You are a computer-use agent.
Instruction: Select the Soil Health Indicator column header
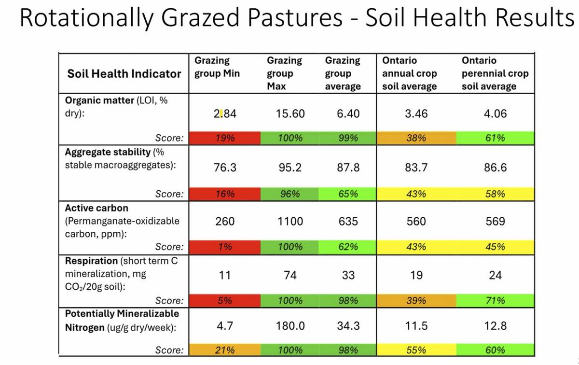[124, 74]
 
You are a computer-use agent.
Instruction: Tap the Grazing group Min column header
[217, 67]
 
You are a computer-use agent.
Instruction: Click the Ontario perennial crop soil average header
[495, 74]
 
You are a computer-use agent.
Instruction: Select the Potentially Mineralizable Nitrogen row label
[122, 320]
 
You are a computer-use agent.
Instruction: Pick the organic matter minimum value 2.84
[225, 114]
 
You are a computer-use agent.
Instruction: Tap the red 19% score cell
[225, 138]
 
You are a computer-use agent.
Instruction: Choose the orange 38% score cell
[416, 138]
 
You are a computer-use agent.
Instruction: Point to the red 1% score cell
[225, 247]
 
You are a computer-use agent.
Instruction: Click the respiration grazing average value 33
[348, 276]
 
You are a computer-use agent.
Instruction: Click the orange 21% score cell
[225, 350]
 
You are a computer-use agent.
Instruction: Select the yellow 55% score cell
[416, 350]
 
